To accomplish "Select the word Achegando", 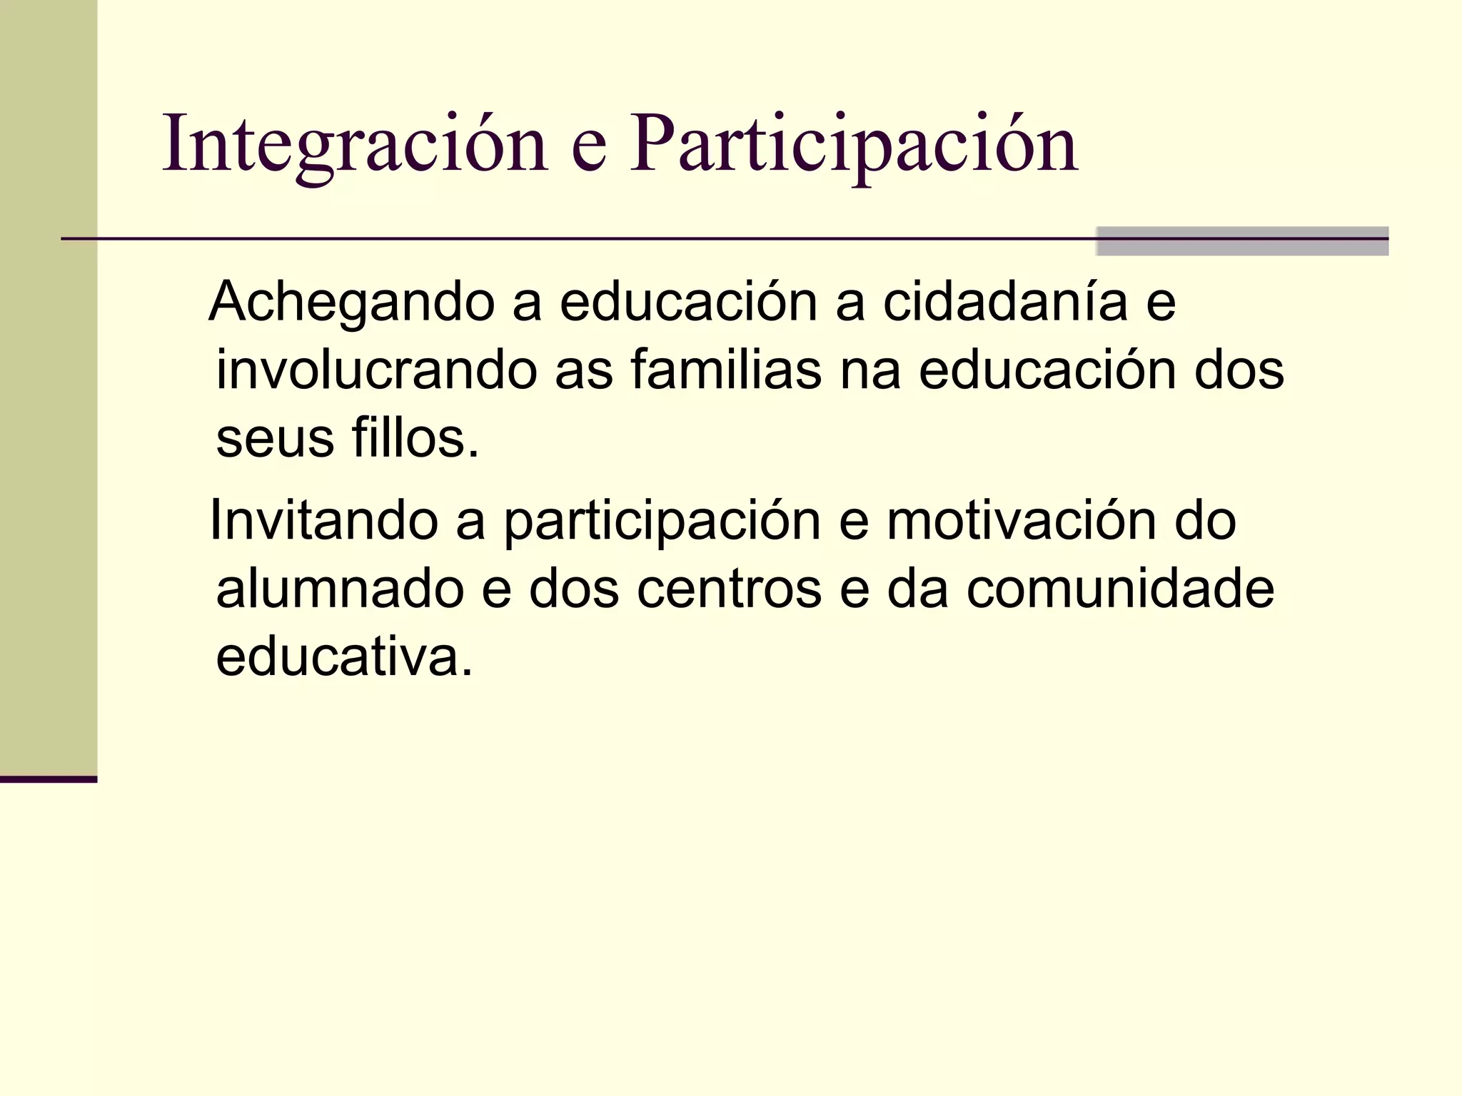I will point(351,303).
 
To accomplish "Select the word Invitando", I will point(323,520).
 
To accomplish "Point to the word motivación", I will point(1022,520).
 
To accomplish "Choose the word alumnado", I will point(340,589).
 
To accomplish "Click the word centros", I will point(729,590).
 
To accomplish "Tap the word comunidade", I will point(1120,589).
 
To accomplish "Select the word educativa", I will point(344,656).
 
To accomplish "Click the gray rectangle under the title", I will point(1241,241).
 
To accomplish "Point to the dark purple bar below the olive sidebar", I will point(49,779).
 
